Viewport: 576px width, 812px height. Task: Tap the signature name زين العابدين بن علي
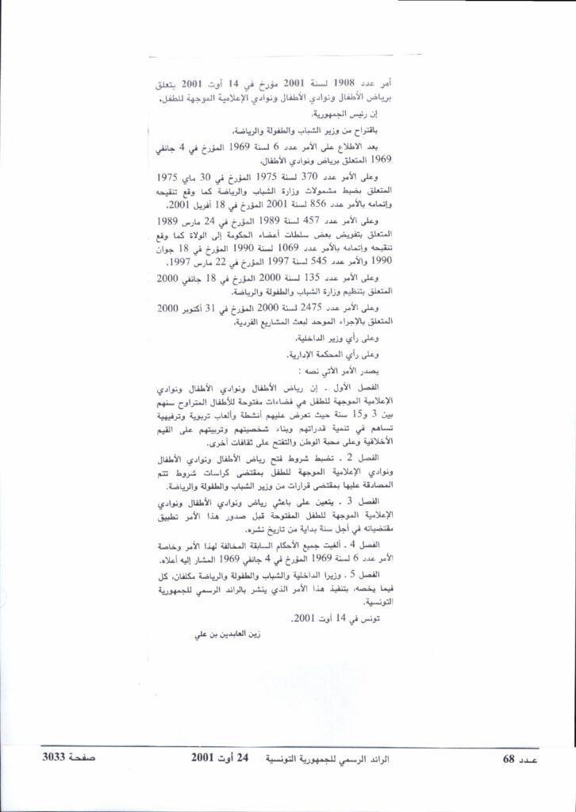(x=228, y=634)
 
